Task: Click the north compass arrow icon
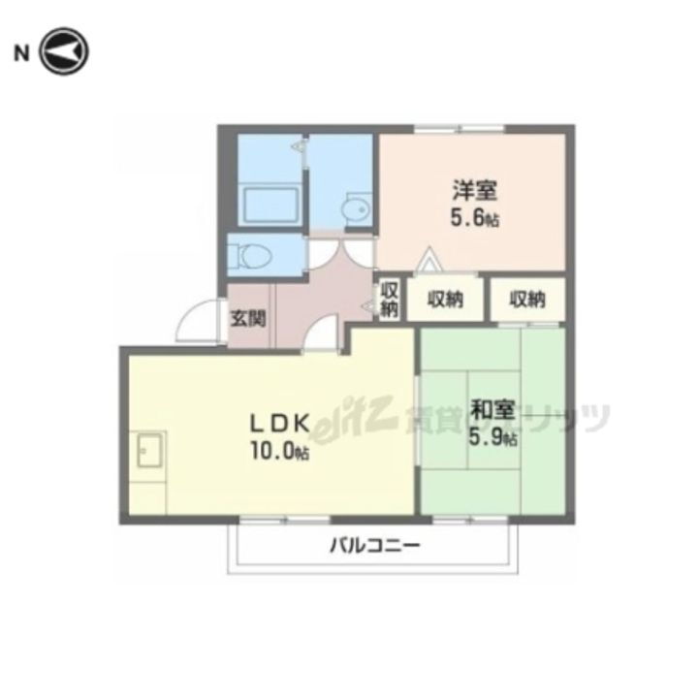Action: click(65, 52)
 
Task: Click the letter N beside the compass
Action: click(19, 53)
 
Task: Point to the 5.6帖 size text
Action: click(474, 220)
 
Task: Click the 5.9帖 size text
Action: click(492, 437)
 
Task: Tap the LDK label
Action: click(280, 424)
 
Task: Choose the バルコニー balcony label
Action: click(373, 547)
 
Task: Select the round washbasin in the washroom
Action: click(356, 208)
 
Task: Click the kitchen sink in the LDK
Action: click(149, 451)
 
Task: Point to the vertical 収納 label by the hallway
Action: click(389, 299)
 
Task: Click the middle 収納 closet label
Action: click(445, 301)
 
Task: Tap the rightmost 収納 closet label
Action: click(528, 301)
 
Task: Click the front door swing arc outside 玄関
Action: click(201, 320)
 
